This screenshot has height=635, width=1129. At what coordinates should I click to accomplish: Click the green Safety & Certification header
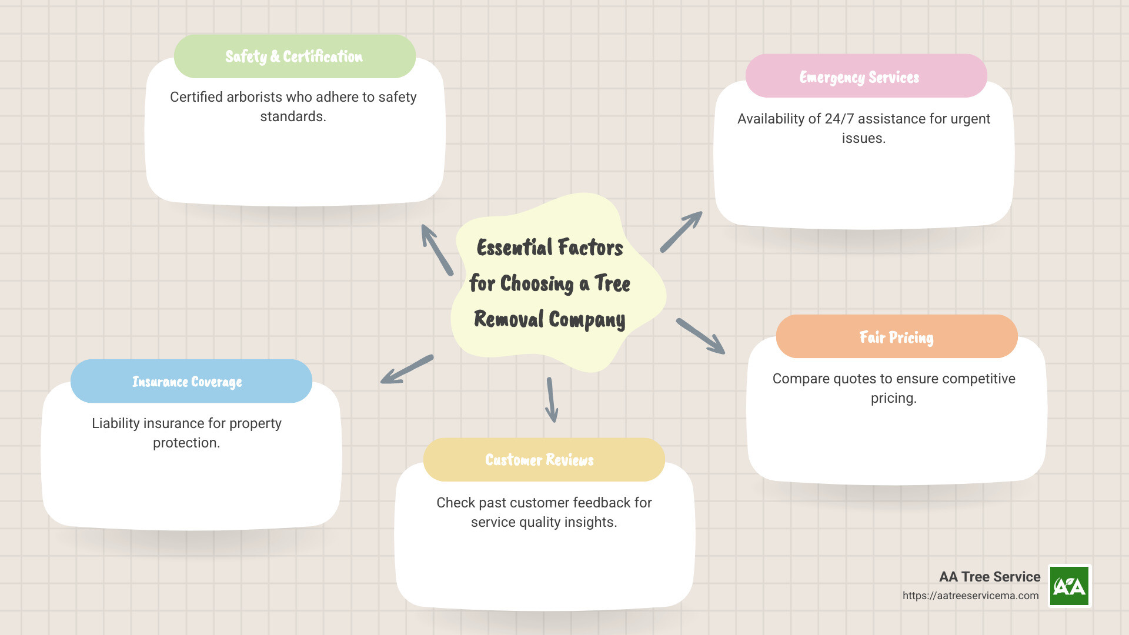click(295, 56)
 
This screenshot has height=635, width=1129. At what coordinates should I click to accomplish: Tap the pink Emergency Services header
click(866, 76)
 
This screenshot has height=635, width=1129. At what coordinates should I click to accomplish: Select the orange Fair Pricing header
click(896, 337)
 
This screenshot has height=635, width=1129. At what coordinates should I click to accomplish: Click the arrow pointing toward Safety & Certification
click(437, 249)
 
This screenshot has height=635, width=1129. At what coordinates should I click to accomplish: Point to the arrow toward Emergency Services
click(682, 231)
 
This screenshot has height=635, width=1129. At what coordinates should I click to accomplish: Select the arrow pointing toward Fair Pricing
click(701, 336)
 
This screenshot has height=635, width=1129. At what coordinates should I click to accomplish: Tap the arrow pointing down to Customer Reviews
click(551, 400)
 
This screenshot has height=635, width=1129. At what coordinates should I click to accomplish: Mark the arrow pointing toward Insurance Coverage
click(406, 369)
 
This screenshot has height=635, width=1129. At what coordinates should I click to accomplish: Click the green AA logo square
click(1070, 586)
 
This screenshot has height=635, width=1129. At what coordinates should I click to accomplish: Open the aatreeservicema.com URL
click(970, 596)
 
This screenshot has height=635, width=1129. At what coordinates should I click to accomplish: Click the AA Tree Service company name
click(990, 577)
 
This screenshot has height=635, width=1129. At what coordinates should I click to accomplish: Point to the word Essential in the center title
click(515, 248)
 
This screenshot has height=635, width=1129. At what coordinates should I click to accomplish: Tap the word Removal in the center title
click(509, 319)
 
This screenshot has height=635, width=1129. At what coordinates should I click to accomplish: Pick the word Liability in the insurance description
click(115, 423)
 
